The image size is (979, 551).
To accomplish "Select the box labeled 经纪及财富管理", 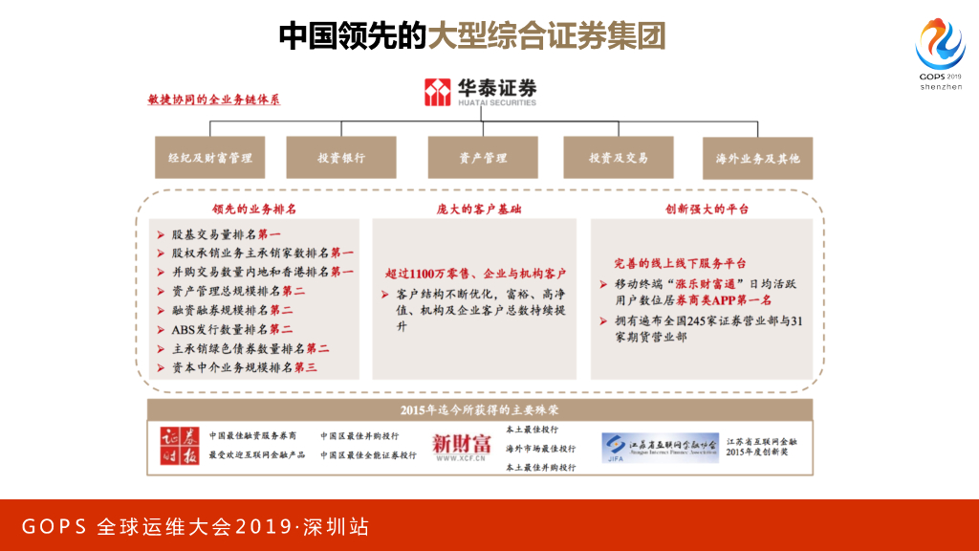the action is [x=210, y=158].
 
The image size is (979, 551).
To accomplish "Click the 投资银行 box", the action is [x=341, y=158].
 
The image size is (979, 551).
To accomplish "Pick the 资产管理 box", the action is [x=483, y=158].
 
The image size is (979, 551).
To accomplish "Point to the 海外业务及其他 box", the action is [x=757, y=158].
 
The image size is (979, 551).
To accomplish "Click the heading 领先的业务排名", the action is [x=253, y=209].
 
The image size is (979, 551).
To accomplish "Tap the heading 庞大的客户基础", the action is [x=474, y=209].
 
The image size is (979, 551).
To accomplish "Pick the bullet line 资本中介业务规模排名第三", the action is [x=243, y=367].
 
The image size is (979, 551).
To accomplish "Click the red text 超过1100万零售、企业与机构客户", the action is [x=475, y=273].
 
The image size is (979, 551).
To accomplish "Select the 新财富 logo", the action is [x=462, y=445].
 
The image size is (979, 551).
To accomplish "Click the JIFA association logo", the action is [x=659, y=447].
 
